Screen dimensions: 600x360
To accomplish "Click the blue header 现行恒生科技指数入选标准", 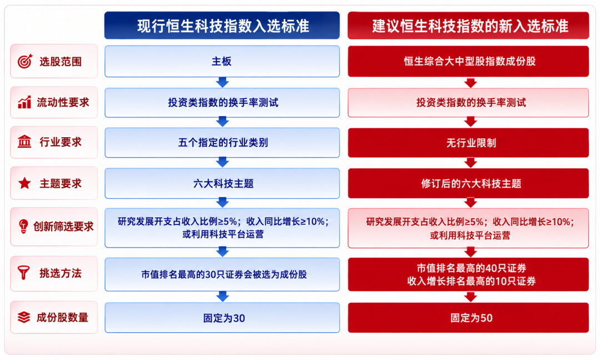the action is pos(222,25).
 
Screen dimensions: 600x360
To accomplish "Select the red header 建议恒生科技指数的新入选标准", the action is pos(468,25).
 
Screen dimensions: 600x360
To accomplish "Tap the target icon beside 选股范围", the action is pos(25,61).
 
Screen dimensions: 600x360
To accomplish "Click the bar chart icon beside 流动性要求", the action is pos(24,102).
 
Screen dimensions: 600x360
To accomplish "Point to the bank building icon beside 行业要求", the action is pos(24,142).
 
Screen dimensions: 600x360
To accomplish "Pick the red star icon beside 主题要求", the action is pos(24,183).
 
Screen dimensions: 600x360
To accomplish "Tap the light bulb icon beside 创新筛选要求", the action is pos(23,226).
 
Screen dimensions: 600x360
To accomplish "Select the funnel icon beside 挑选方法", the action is pos(24,273).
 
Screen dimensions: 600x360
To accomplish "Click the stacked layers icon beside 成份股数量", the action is pos(24,317).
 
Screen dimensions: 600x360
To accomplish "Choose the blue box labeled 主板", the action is pos(222,61).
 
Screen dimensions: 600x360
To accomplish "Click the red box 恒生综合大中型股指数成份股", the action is pos(468,61).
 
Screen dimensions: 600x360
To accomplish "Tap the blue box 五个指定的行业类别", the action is pos(222,143).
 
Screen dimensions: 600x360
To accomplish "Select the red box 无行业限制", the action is pos(468,143).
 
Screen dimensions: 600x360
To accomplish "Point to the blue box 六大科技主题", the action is pos(222,183).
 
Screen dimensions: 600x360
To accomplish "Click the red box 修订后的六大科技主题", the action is pos(468,183).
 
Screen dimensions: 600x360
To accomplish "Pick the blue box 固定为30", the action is pos(222,318).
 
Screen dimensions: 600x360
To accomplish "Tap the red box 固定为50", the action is pos(468,318).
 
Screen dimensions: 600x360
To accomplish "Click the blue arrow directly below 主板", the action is pos(222,82).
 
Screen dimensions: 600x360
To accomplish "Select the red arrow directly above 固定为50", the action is pos(471,297).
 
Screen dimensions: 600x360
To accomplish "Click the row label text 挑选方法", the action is pos(61,273).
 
